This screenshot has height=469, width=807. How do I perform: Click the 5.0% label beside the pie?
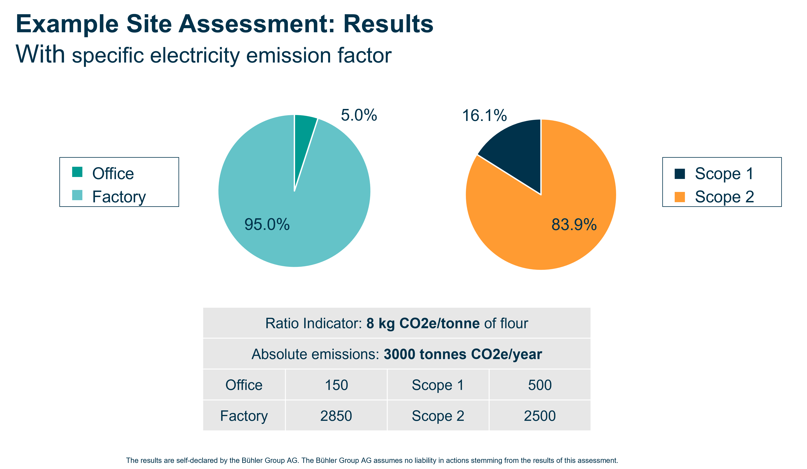click(359, 115)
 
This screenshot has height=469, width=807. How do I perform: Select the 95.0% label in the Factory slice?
click(267, 224)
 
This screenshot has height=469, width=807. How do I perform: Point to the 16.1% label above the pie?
click(484, 115)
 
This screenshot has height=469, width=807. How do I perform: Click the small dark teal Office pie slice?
click(303, 135)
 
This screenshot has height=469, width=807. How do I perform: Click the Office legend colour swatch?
click(77, 172)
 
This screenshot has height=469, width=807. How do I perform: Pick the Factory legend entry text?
click(119, 197)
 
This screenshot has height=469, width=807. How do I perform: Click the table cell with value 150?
click(336, 385)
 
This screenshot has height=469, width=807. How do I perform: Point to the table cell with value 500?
click(540, 385)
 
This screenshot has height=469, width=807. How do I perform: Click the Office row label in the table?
click(244, 385)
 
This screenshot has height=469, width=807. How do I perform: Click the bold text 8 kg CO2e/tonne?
click(423, 323)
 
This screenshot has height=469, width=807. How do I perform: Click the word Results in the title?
click(388, 24)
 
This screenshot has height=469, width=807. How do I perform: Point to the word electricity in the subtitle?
click(194, 55)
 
